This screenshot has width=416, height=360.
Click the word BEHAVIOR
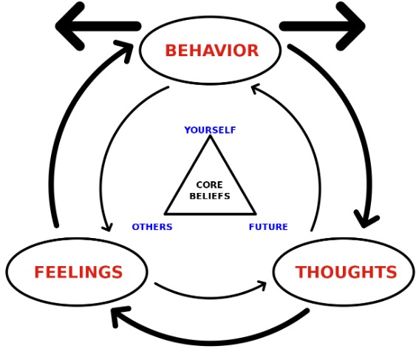point(212,50)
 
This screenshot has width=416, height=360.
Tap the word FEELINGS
point(78,272)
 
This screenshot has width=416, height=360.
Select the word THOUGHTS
point(346,272)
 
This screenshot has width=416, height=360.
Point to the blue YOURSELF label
point(210,130)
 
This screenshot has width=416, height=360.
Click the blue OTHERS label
point(152,227)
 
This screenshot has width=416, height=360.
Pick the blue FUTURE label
point(268,227)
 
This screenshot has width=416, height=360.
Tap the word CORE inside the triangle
point(209,185)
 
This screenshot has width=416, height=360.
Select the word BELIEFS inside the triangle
point(210,196)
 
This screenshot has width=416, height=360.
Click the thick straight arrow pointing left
point(98,27)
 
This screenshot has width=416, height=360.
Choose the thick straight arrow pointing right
point(322,27)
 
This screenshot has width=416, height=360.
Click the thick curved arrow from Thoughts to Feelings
point(210,342)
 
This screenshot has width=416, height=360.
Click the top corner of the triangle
point(210,136)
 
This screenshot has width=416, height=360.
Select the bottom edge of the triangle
point(210,213)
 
